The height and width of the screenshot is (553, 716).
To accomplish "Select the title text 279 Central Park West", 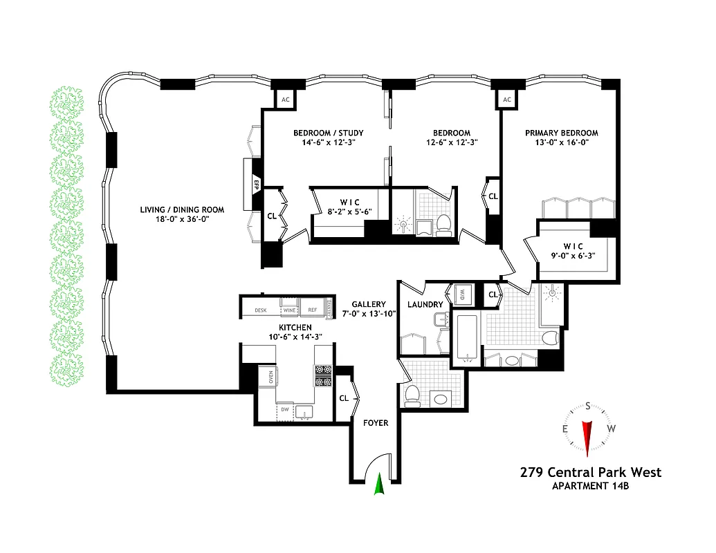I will coord(590,473).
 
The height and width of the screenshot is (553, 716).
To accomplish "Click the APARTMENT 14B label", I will coord(590,486).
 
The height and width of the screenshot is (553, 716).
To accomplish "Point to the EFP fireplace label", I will coord(255,184).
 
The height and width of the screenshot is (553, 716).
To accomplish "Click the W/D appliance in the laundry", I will coord(461,294).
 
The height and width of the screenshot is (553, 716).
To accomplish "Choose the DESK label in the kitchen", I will coord(261,310).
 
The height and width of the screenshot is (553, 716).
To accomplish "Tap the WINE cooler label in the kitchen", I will coord(288,310).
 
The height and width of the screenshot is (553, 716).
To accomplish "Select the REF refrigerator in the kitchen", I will coord(313,310).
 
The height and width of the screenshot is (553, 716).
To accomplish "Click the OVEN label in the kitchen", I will coord(270,377).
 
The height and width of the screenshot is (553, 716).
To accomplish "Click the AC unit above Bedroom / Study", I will coord(285,100).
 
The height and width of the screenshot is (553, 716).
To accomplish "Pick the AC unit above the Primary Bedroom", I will coord(507,100).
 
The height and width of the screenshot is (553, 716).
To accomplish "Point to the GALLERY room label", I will coord(368,304).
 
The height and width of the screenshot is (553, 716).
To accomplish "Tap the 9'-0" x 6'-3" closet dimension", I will coord(573,255).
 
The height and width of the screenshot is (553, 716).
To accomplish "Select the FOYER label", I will coord(376,423).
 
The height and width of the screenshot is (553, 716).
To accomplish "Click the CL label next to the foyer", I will coord(344,398).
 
